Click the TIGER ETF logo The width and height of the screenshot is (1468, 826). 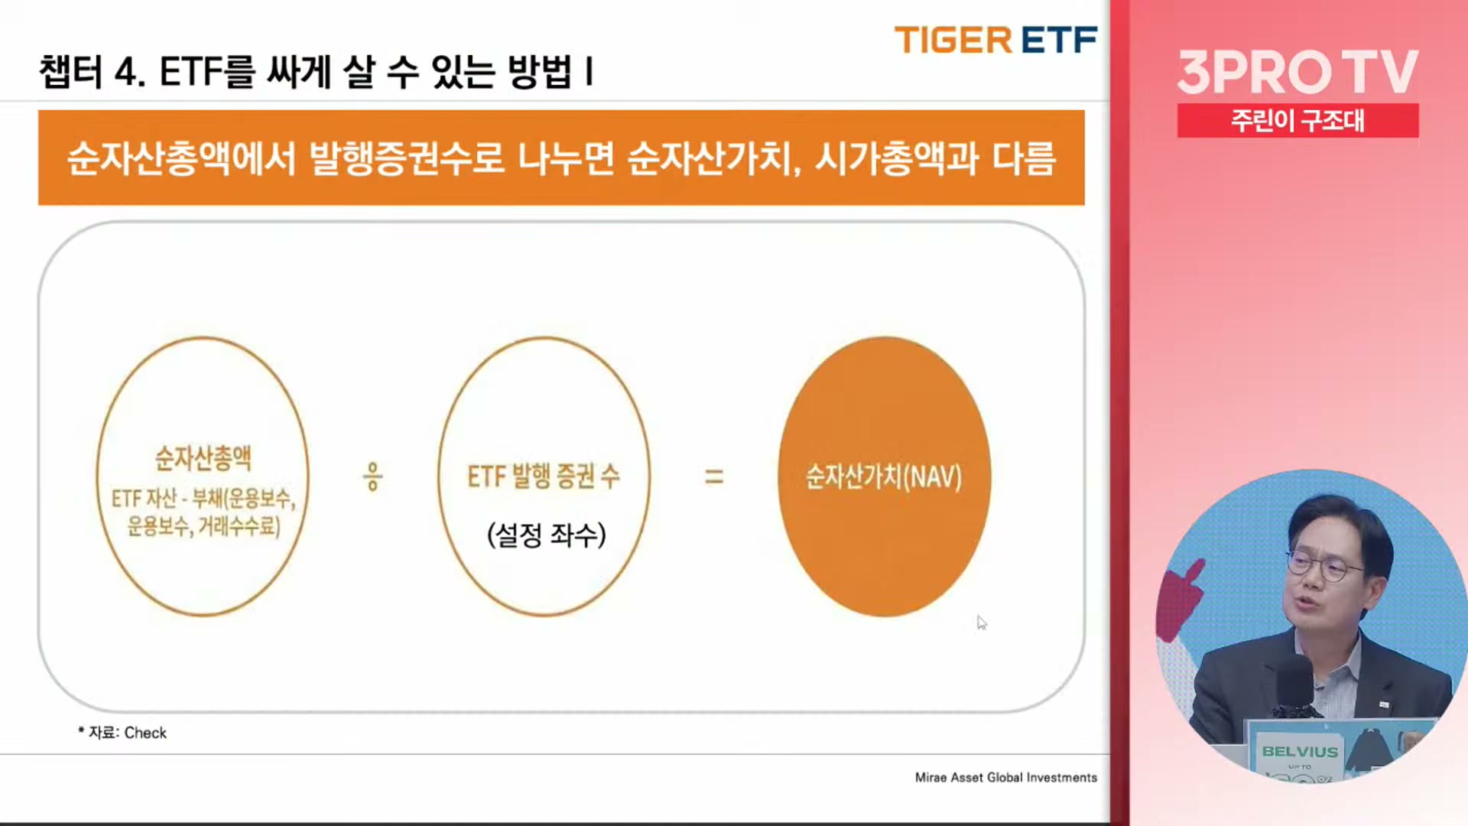[x=995, y=41]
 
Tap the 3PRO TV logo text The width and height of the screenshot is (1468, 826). [x=1297, y=73]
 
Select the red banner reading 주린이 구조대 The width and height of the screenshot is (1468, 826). [x=1297, y=121]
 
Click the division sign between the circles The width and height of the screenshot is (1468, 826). [x=372, y=476]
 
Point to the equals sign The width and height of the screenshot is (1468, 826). [x=713, y=477]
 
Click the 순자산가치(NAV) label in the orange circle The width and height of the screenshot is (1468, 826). [x=884, y=477]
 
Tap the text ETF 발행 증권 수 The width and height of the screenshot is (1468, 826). [x=544, y=476]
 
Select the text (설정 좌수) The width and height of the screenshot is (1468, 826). [x=547, y=535]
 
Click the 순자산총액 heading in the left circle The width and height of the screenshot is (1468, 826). [x=203, y=458]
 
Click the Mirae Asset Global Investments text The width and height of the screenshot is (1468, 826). [x=1006, y=778]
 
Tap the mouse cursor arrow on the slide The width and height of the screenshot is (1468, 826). [x=982, y=623]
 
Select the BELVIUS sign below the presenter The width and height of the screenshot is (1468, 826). [x=1300, y=752]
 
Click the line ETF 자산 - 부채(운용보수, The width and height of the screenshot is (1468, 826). [x=203, y=499]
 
